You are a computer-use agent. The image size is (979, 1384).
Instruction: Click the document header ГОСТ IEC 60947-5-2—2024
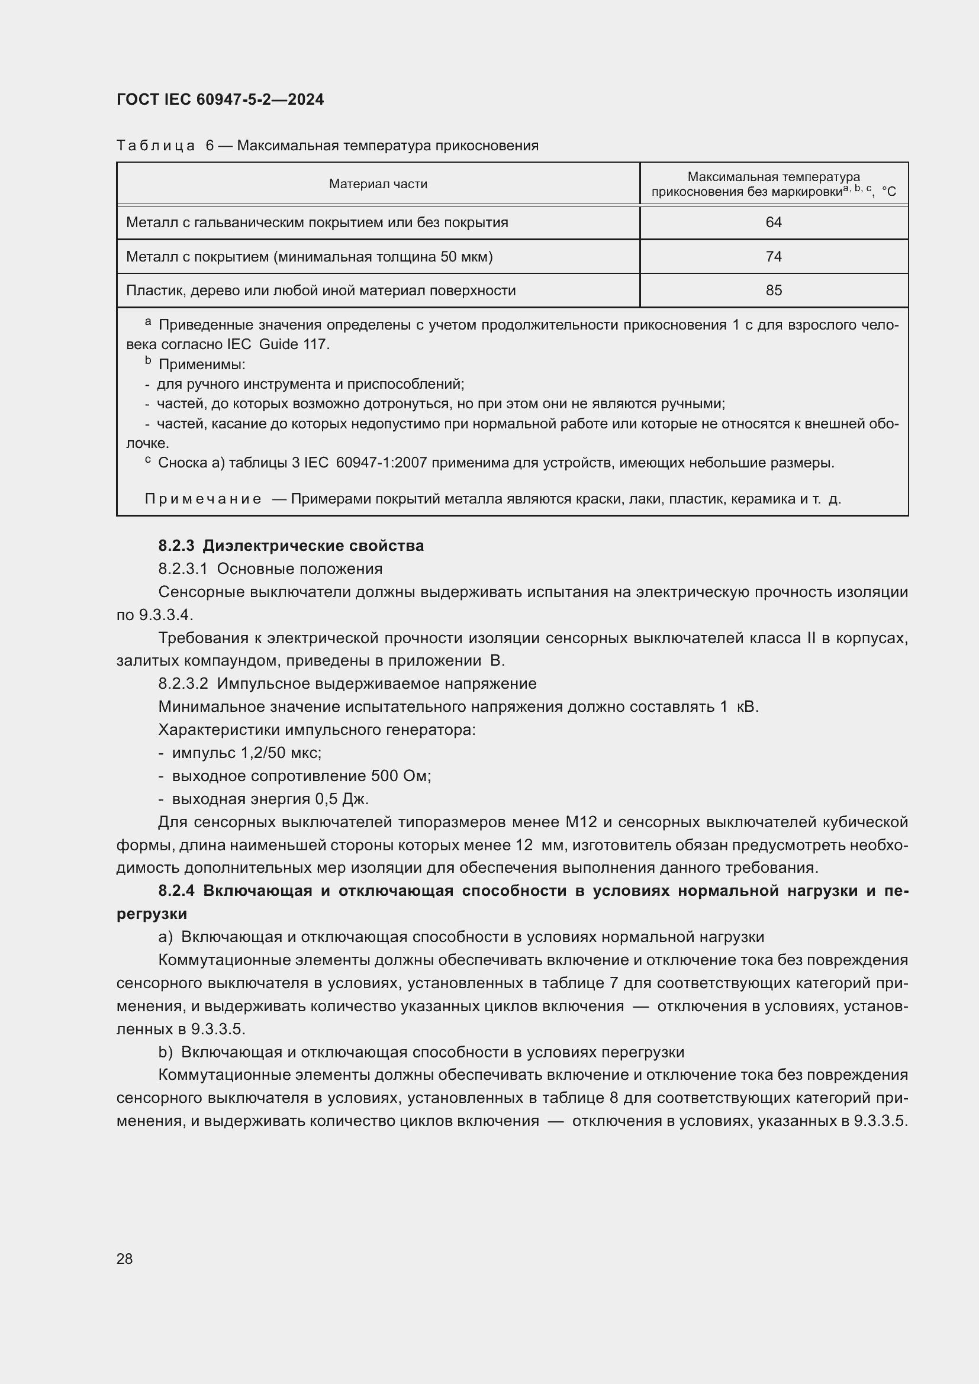pos(220,99)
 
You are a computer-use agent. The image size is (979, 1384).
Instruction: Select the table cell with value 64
pos(773,222)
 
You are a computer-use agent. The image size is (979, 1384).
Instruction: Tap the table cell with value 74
pos(773,257)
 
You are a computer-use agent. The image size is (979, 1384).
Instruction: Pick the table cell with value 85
pos(773,291)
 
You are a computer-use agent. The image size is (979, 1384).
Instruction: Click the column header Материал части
pos(378,184)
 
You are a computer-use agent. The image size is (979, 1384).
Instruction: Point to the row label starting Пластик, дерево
pos(321,291)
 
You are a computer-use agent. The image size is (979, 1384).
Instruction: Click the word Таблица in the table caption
pos(156,146)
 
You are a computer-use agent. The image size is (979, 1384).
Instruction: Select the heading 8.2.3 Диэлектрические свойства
pos(291,546)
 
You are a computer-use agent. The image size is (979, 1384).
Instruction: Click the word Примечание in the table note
pos(203,499)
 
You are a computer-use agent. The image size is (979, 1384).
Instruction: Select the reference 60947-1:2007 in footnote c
pos(381,463)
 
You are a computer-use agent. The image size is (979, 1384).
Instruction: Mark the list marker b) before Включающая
pos(165,1052)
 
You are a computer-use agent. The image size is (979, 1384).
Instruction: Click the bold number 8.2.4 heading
pos(176,891)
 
